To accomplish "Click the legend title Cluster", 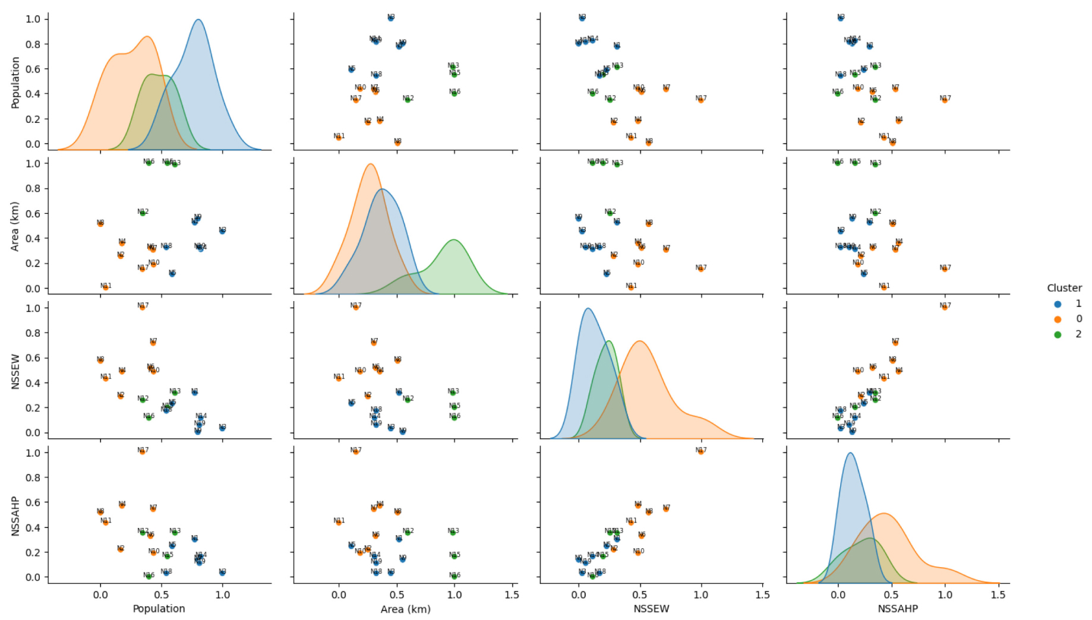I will tap(1064, 288).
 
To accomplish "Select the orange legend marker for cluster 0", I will tap(1058, 319).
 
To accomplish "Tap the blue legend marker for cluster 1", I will tap(1058, 303).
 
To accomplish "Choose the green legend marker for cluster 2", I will tap(1058, 334).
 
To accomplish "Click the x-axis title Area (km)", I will tap(405, 609).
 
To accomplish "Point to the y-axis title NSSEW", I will tap(16, 371).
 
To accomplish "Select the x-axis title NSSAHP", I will tap(897, 609).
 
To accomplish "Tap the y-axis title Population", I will tap(16, 82).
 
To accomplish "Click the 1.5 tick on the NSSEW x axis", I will tap(762, 595).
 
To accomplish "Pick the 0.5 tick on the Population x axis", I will tap(162, 595).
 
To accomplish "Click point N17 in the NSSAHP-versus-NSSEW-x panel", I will tap(701, 451).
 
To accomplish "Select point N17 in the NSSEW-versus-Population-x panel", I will tap(142, 307).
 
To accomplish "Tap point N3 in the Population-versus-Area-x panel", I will tap(390, 18).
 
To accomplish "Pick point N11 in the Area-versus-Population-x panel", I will tap(105, 287).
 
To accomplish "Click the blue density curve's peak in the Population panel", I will tap(198, 20).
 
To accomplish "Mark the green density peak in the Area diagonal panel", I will tap(454, 240).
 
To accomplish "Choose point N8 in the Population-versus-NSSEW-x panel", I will tap(648, 143).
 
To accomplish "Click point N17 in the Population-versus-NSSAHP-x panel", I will tap(945, 100).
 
